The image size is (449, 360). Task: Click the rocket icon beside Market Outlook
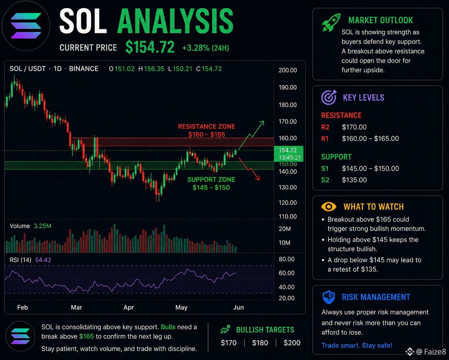pos(331,22)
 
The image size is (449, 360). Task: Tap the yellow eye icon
pos(329,207)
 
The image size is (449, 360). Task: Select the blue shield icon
pos(329,297)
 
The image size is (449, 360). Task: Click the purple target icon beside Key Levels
pos(329,97)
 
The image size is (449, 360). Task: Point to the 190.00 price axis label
pos(288,87)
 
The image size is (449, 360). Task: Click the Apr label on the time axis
pos(128,307)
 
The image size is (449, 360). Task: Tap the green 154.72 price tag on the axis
pos(289,154)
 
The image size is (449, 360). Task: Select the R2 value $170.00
pos(354,127)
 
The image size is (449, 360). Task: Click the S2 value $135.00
pos(354,180)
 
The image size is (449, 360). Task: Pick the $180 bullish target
pos(260,343)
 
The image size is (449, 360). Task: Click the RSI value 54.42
pos(43,260)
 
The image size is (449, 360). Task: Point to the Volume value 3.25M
pos(42,226)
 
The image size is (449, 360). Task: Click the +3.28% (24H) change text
pos(206,48)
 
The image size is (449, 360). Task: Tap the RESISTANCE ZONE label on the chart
pos(206,126)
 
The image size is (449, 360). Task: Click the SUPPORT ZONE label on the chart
pos(211,180)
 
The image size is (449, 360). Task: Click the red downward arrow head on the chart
pos(258,178)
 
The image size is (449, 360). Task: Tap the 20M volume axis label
pos(285,229)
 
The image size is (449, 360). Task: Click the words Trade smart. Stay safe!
pos(357,345)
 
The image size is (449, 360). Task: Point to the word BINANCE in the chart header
pos(84,69)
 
